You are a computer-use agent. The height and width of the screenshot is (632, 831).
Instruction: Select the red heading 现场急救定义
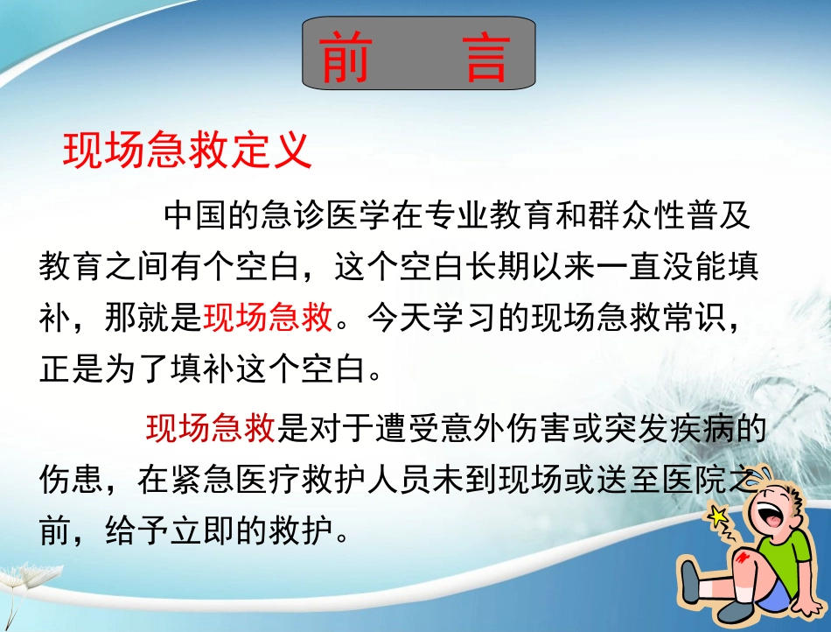[188, 150]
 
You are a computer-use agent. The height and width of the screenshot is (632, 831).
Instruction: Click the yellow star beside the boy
[720, 517]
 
